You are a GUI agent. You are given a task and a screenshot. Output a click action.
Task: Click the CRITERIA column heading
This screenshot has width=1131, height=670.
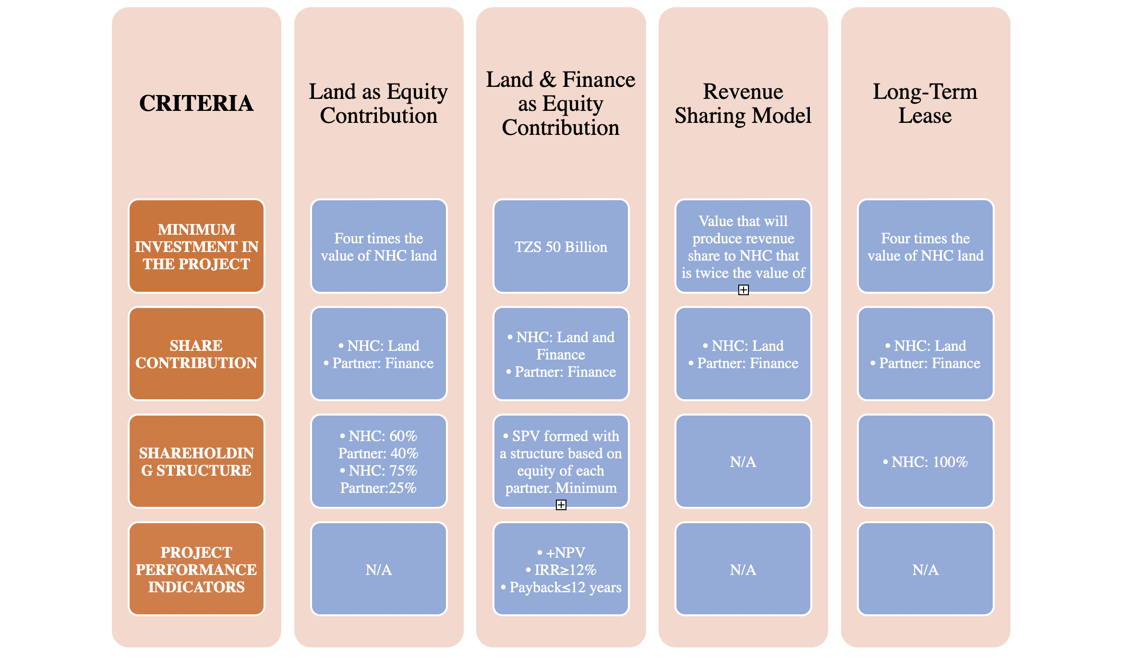(x=196, y=103)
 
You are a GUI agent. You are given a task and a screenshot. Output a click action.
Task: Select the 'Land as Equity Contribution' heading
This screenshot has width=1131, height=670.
(x=378, y=103)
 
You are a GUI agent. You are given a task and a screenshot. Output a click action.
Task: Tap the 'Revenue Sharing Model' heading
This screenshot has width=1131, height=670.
(x=743, y=103)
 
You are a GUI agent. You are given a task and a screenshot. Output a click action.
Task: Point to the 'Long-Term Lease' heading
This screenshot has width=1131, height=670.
(x=925, y=103)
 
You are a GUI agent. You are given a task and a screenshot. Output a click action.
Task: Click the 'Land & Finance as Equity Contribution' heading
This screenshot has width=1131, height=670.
(x=561, y=103)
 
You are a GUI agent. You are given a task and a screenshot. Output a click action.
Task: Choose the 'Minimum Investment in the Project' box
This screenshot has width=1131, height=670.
(x=196, y=246)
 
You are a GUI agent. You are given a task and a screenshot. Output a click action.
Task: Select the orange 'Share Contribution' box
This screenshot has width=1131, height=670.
(x=196, y=354)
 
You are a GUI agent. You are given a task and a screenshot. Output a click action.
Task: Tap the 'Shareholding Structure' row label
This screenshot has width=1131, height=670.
(x=196, y=461)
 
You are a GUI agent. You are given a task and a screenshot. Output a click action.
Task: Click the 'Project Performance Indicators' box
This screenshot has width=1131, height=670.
(x=196, y=569)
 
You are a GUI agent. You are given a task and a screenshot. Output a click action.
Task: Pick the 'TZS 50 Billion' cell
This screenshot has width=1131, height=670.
(x=561, y=246)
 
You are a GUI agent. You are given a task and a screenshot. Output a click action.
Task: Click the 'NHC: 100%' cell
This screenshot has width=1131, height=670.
(x=926, y=461)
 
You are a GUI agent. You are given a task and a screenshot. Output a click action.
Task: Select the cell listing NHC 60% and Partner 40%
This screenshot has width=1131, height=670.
(x=379, y=461)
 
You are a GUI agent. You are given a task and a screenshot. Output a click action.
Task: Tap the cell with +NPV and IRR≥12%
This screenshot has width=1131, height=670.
(x=561, y=569)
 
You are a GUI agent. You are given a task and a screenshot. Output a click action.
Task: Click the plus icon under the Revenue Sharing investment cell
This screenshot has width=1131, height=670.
(x=743, y=290)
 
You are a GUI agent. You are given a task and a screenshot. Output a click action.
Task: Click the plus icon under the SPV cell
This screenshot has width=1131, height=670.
(x=561, y=505)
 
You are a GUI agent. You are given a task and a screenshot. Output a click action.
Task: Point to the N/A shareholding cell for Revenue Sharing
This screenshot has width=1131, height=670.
(x=743, y=461)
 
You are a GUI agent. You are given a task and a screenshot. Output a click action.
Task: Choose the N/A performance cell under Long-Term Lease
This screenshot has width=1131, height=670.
(x=926, y=569)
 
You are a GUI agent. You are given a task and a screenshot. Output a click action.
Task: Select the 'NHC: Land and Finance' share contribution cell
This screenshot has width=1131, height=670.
(x=561, y=354)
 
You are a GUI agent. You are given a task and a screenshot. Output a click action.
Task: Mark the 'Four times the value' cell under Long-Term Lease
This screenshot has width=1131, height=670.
(x=926, y=246)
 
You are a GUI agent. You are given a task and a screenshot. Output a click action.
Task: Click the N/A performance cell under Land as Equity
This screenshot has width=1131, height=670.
(x=379, y=569)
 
